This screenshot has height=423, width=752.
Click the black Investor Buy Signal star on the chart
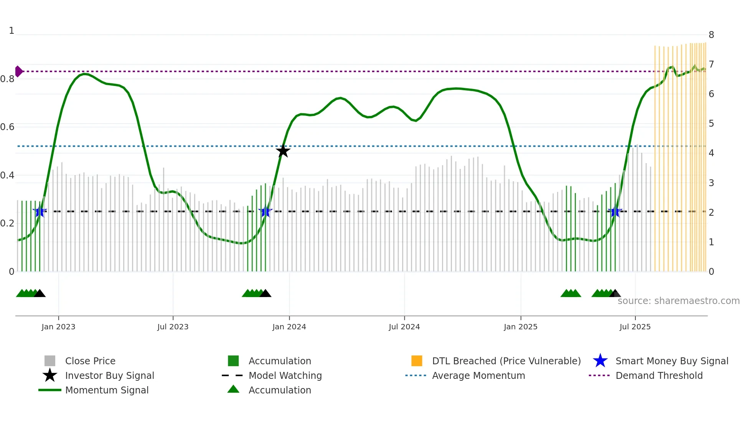pos(283,151)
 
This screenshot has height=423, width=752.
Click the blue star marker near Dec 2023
pos(265,212)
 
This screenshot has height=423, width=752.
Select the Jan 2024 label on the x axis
pos(289,327)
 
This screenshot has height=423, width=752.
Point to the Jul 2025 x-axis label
pos(635,327)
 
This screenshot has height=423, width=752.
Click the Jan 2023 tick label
pos(58,327)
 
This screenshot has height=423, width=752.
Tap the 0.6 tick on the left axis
pos(7,127)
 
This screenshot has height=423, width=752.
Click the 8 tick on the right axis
pos(711,35)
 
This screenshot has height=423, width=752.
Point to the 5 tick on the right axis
pos(711,124)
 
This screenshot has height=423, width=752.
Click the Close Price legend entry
pos(90,361)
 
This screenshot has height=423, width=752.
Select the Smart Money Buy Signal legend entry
pos(671,361)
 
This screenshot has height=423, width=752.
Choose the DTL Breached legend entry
pos(506,361)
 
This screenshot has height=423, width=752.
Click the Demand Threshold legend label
pos(659,375)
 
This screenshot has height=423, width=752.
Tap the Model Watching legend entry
pos(285,375)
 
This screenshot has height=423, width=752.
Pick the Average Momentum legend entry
pos(478,375)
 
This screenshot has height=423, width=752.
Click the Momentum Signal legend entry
pos(107,390)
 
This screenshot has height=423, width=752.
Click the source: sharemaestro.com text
pos(678,301)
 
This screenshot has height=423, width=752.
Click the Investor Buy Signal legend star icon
pos(50,375)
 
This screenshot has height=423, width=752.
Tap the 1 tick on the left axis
pos(12,31)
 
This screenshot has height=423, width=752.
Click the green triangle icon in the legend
pos(233,390)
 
